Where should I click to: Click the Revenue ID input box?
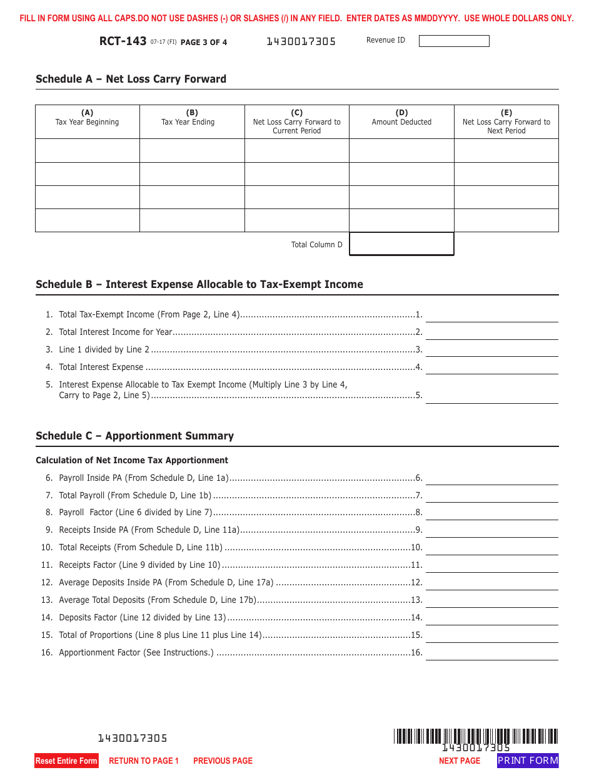pyautogui.click(x=453, y=41)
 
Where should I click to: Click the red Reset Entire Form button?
pyautogui.click(x=66, y=761)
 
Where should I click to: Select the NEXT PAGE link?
pyautogui.click(x=460, y=761)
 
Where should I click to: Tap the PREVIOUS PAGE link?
pyautogui.click(x=223, y=761)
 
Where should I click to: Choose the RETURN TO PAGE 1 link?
pyautogui.click(x=144, y=761)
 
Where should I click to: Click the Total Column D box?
pyautogui.click(x=401, y=244)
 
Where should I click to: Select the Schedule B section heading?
pyautogui.click(x=199, y=284)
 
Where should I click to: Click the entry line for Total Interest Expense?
pyautogui.click(x=491, y=367)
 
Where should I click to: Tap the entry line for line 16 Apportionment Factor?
pyautogui.click(x=491, y=652)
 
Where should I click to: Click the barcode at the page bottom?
pyautogui.click(x=476, y=736)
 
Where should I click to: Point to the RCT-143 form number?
pyautogui.click(x=123, y=41)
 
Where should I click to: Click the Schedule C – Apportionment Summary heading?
pyautogui.click(x=134, y=436)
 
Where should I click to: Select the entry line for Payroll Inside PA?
pyautogui.click(x=491, y=478)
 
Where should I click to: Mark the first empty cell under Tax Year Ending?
pyautogui.click(x=192, y=151)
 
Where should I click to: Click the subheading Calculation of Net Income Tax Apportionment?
pyautogui.click(x=132, y=460)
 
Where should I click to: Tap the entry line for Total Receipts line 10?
pyautogui.click(x=491, y=547)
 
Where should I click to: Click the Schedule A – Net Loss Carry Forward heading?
pyautogui.click(x=131, y=79)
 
